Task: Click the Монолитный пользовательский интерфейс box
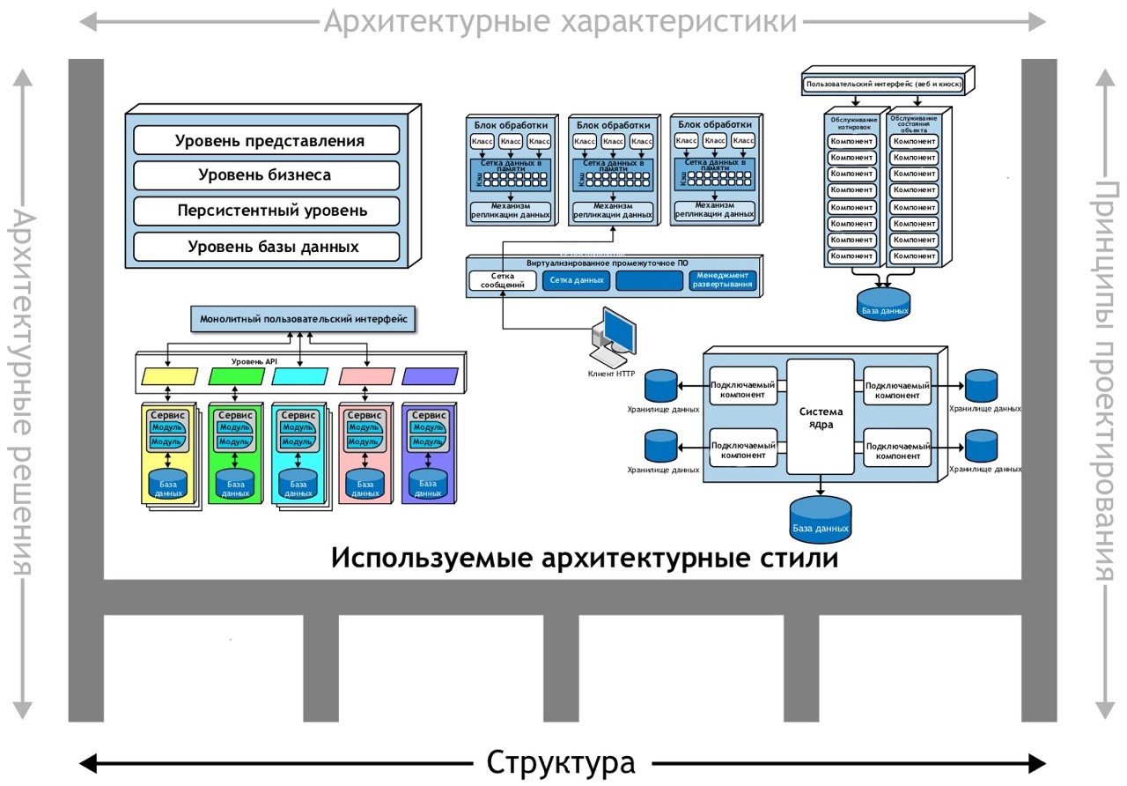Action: (x=303, y=319)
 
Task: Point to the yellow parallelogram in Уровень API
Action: (x=170, y=376)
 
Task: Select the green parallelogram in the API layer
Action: (x=236, y=376)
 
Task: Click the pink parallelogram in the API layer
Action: (x=366, y=376)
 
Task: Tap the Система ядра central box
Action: (x=821, y=417)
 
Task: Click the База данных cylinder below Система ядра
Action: (x=820, y=518)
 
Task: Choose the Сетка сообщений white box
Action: (x=502, y=280)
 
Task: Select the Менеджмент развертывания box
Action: (x=722, y=280)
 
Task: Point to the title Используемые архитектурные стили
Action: (x=584, y=559)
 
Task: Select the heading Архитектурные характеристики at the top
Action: (x=560, y=20)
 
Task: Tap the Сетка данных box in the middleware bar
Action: (x=576, y=280)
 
